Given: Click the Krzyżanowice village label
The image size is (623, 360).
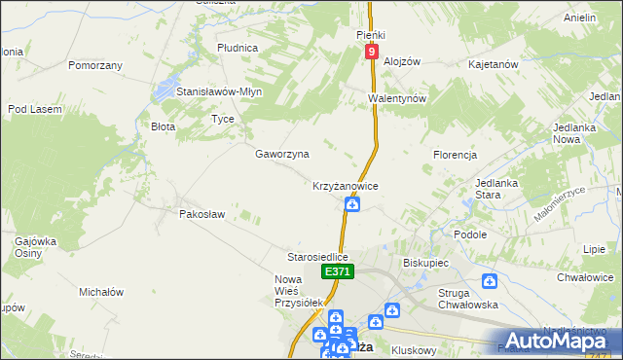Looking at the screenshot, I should click(x=345, y=185).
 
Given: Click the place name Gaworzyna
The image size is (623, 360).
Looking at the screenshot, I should click(x=282, y=154).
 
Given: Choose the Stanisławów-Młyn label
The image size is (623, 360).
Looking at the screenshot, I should click(x=220, y=91).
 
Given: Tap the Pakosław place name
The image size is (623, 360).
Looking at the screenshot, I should click(x=202, y=214).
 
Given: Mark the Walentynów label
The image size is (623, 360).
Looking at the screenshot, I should click(x=397, y=99).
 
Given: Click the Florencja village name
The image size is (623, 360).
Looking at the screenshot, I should click(x=455, y=155).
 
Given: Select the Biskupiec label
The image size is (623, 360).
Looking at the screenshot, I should click(x=424, y=263).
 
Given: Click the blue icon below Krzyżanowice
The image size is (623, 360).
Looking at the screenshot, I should click(x=352, y=203).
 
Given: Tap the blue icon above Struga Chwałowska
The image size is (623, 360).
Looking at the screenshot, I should click(x=490, y=281).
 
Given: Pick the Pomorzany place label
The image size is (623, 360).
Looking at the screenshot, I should click(x=95, y=65).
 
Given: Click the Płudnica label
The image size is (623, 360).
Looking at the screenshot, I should click(x=238, y=47).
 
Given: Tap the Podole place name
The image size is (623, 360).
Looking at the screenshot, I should click(x=470, y=234).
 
